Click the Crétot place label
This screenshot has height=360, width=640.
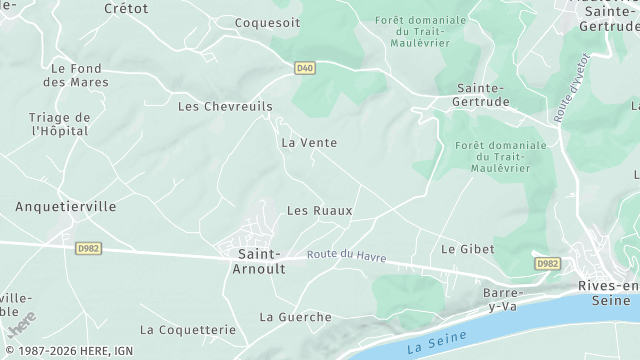pyautogui.click(x=126, y=8)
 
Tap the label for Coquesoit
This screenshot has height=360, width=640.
pyautogui.click(x=267, y=22)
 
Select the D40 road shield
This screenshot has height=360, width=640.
pyautogui.click(x=305, y=68)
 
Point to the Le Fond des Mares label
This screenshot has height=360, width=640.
pyautogui.click(x=76, y=75)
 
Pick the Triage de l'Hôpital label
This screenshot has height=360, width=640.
pyautogui.click(x=60, y=124)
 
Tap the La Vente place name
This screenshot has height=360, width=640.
pyautogui.click(x=309, y=143)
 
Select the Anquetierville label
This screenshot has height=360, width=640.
pyautogui.click(x=66, y=207)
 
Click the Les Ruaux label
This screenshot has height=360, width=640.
pyautogui.click(x=320, y=211)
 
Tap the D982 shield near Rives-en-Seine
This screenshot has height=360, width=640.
pyautogui.click(x=546, y=264)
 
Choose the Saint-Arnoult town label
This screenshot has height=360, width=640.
pyautogui.click(x=259, y=262)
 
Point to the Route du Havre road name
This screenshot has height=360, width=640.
pyautogui.click(x=347, y=255)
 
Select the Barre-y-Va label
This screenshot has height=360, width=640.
pyautogui.click(x=503, y=299)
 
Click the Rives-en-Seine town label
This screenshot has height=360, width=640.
pyautogui.click(x=608, y=292)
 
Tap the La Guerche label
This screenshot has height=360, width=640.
pyautogui.click(x=296, y=317)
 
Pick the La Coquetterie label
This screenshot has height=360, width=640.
pyautogui.click(x=188, y=329)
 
